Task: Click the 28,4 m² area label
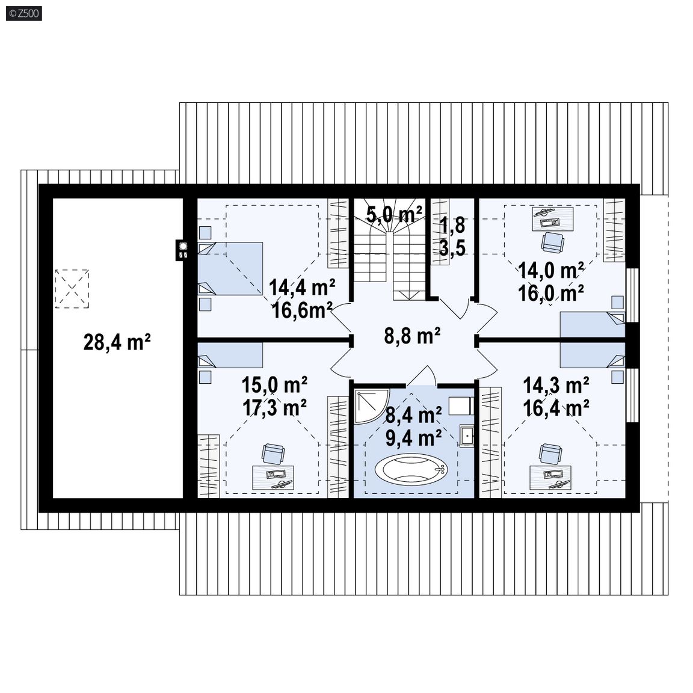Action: [117, 342]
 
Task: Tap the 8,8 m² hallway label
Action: [412, 336]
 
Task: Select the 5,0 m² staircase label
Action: [394, 214]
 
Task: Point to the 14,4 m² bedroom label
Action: [302, 288]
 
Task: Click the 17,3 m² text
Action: [275, 408]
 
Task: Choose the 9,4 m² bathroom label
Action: [414, 438]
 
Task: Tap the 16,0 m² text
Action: [551, 294]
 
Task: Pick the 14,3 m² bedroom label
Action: [556, 386]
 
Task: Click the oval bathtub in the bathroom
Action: [411, 469]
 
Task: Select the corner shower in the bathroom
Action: [371, 405]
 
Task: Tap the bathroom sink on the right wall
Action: [466, 436]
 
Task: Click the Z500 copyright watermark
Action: [24, 13]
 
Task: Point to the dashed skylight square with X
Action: [72, 289]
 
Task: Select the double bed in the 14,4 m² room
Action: [230, 268]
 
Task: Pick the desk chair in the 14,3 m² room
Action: [550, 454]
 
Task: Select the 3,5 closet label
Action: [452, 248]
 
